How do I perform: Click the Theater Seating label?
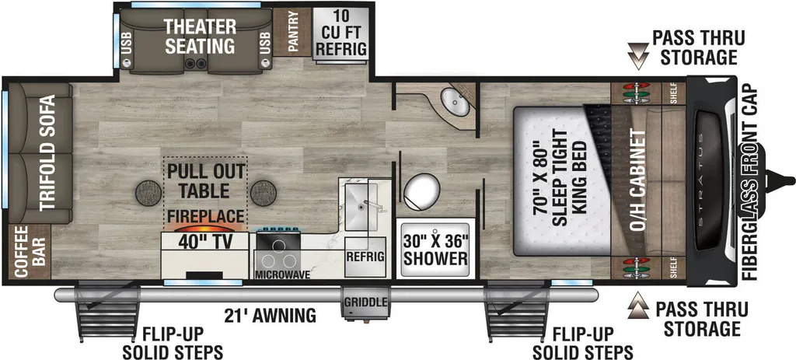click(x=200, y=36)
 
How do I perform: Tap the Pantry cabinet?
click(x=292, y=31)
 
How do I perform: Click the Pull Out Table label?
click(x=205, y=181)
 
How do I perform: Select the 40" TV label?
click(x=204, y=243)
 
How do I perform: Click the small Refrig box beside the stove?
click(x=365, y=257)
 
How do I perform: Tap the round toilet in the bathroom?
click(x=421, y=191)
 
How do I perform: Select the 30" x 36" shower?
click(x=436, y=249)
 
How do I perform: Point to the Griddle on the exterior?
click(x=365, y=302)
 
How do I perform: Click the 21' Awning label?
click(x=270, y=316)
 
